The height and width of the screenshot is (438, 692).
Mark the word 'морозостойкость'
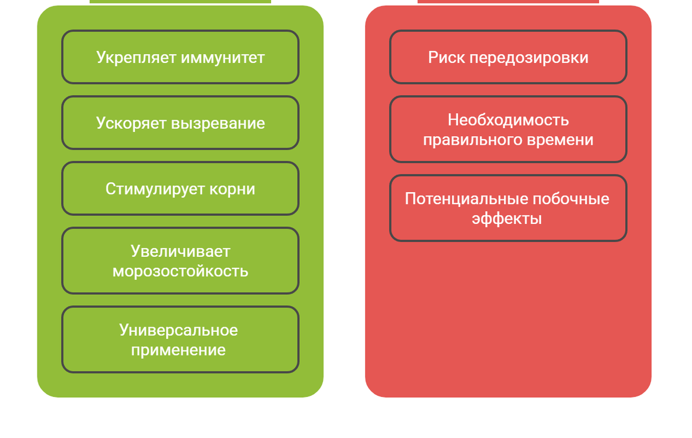[180, 271]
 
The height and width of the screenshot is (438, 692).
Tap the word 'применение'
[178, 350]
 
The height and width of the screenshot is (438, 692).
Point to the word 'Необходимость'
[508, 120]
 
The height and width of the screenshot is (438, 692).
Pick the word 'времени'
[565, 140]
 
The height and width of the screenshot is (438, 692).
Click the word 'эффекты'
[507, 219]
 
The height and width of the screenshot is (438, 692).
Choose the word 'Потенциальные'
[466, 199]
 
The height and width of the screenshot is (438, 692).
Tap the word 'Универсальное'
[179, 330]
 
